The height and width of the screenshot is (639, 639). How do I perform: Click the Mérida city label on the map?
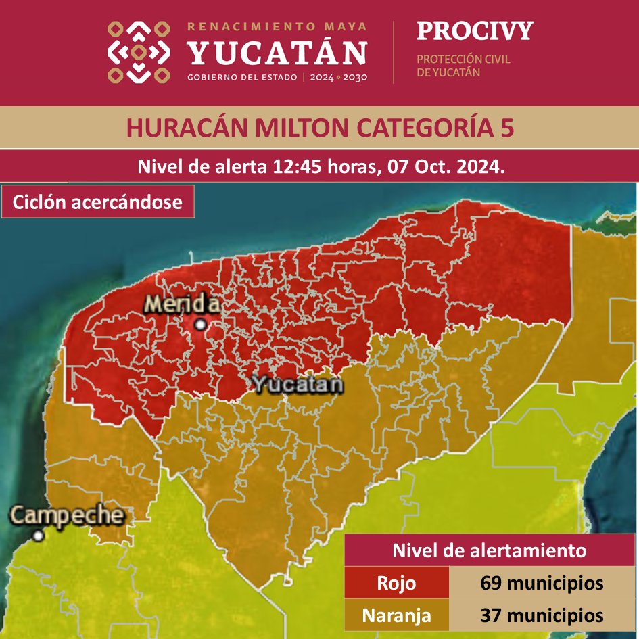tap(182, 305)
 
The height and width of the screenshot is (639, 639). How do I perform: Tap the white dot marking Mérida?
tap(200, 325)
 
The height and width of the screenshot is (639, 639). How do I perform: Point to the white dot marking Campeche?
tap(39, 536)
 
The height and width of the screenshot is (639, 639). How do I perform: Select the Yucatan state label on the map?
tap(297, 385)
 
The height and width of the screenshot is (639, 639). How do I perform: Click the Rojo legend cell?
tap(396, 583)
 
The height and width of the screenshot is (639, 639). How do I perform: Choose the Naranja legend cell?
tap(396, 616)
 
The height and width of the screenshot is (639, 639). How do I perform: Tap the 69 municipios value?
tap(542, 583)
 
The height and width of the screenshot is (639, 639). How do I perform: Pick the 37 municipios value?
tap(542, 616)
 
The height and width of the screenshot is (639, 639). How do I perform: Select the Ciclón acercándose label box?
tap(98, 202)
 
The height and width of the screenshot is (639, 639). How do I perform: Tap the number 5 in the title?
tap(506, 128)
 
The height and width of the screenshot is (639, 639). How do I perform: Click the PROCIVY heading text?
tap(475, 31)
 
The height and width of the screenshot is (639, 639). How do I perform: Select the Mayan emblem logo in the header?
tap(139, 52)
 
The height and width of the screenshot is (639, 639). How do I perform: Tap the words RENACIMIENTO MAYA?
tap(277, 27)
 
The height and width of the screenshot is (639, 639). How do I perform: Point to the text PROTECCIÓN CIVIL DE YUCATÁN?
tap(463, 66)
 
